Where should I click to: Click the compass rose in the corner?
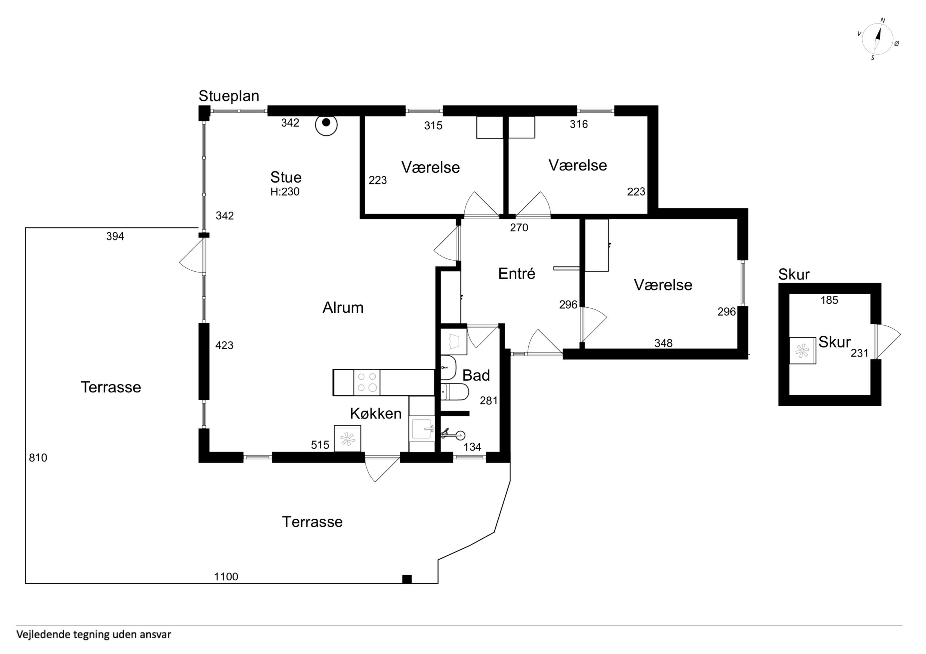coord(878,39)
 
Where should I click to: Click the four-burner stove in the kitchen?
coord(367,382)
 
